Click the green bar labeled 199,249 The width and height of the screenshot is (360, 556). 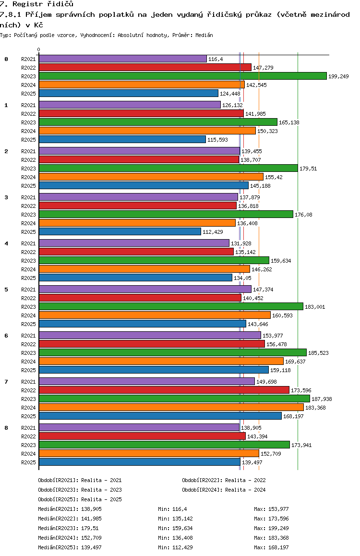click(183, 76)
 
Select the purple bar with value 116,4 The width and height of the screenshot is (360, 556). click(122, 59)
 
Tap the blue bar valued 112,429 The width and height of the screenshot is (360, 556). click(120, 231)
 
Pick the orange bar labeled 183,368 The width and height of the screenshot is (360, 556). click(171, 407)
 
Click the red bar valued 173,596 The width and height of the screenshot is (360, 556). click(164, 390)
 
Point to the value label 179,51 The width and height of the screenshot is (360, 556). click(308, 169)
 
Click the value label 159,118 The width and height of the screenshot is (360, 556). click(280, 370)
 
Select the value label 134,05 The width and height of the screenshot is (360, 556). click(242, 278)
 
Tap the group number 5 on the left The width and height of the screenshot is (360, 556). click(6, 290)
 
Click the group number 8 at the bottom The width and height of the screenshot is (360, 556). click(6, 428)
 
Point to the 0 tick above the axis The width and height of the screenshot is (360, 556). click(38, 49)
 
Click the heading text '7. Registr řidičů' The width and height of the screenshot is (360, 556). click(36, 4)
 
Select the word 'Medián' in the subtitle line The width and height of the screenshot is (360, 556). click(204, 35)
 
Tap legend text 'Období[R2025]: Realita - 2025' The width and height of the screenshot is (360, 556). click(80, 499)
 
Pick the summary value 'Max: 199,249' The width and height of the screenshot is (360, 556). click(271, 528)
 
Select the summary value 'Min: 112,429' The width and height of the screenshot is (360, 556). click(175, 547)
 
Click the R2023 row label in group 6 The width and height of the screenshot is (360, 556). click(28, 353)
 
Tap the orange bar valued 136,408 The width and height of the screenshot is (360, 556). click(137, 223)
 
